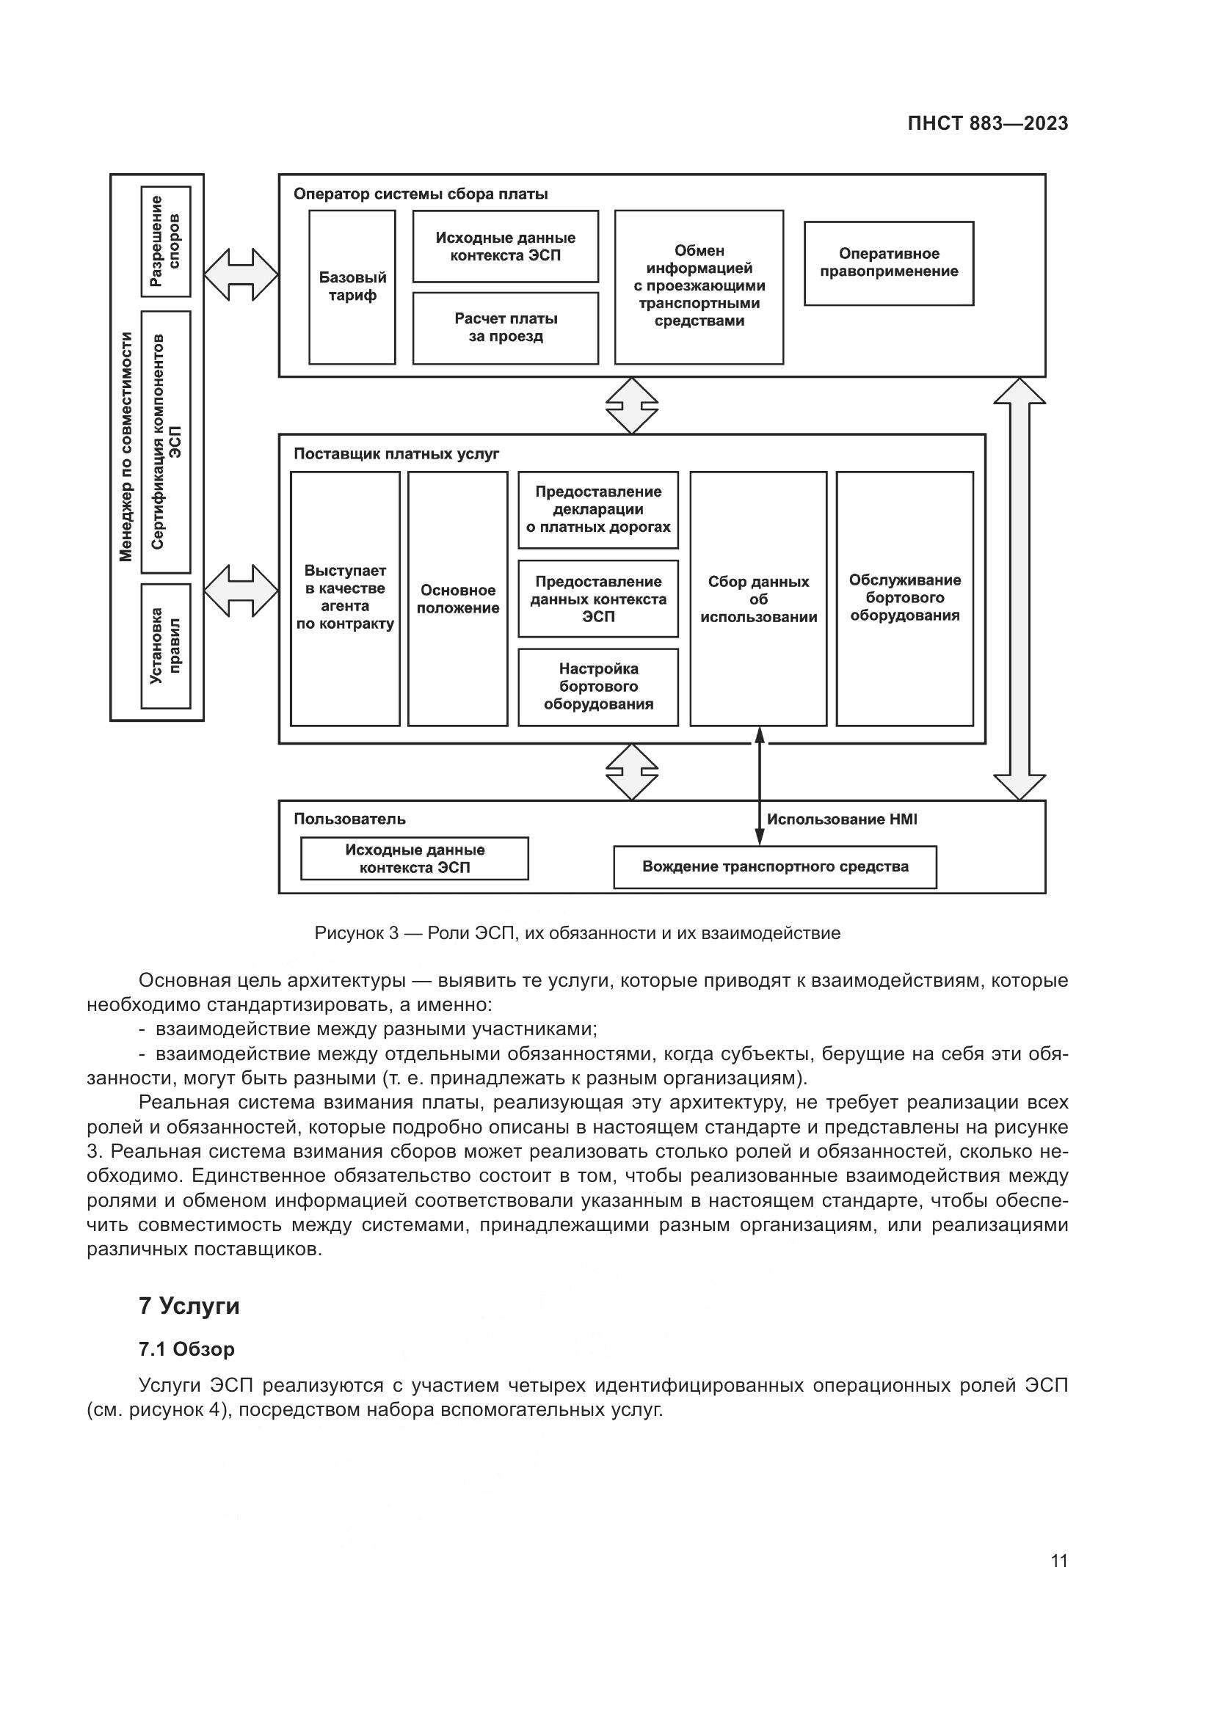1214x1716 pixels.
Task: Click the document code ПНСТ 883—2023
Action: click(986, 124)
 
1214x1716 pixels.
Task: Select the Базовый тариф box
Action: click(352, 287)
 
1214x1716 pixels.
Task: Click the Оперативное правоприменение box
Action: click(888, 263)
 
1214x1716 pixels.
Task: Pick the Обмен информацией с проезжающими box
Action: click(698, 286)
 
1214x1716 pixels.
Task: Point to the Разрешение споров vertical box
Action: click(166, 241)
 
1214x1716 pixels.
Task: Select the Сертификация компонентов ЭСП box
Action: click(166, 442)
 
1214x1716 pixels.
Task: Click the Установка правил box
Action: click(166, 646)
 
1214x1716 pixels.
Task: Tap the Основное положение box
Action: click(457, 599)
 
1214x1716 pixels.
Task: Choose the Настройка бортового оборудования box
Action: click(598, 687)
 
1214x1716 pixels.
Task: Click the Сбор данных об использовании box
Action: click(758, 599)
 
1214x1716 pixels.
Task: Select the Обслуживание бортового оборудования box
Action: click(904, 598)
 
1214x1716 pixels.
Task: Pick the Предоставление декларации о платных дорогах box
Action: click(598, 510)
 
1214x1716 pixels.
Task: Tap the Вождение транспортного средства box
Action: click(774, 867)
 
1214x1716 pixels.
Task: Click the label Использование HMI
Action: click(842, 819)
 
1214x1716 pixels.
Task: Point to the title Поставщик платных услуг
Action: click(396, 454)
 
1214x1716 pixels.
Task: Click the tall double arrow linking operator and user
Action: click(1019, 589)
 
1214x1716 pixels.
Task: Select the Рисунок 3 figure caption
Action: click(577, 933)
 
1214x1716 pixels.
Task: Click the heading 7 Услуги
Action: click(189, 1306)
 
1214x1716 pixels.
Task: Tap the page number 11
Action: click(1058, 1561)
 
